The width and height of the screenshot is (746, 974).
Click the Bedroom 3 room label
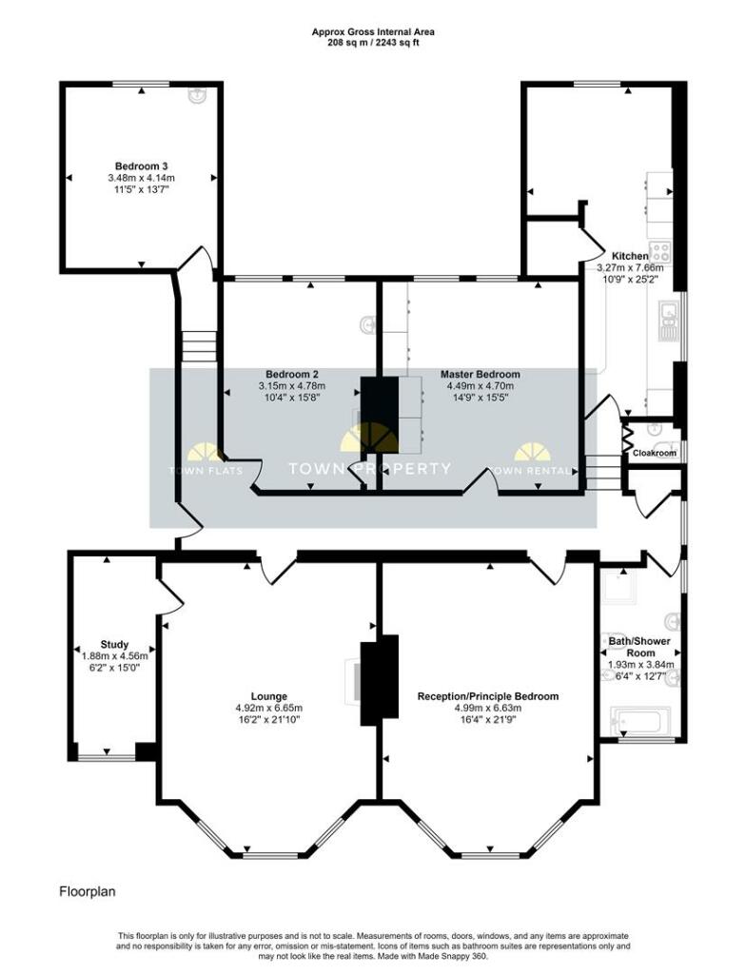click(x=142, y=165)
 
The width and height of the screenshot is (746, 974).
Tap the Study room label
click(x=114, y=644)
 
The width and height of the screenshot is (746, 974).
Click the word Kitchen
click(x=630, y=256)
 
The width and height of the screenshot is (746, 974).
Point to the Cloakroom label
click(x=655, y=454)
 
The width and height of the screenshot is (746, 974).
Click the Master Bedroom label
click(x=480, y=374)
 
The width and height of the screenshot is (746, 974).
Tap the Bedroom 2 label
click(x=291, y=374)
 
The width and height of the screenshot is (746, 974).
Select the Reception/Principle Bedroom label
click(x=488, y=696)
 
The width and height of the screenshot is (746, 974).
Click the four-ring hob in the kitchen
click(x=659, y=252)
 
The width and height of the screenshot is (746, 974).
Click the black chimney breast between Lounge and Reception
click(x=379, y=679)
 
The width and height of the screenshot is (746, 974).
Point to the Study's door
click(x=170, y=596)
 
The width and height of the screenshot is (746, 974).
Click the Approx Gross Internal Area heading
click(x=373, y=31)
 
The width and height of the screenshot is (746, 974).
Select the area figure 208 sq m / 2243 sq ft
click(x=373, y=44)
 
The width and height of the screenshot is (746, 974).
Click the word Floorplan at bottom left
click(x=88, y=892)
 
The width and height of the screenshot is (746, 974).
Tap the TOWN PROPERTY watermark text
click(x=370, y=468)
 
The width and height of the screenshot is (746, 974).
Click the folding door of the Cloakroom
click(x=627, y=438)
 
